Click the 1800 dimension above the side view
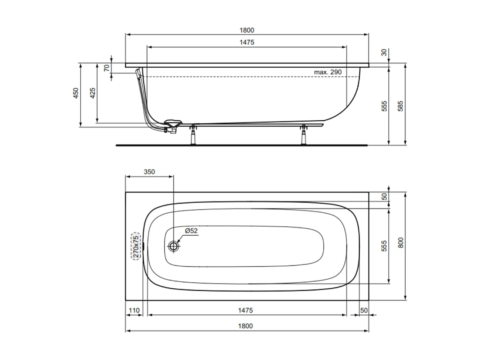click(247, 30)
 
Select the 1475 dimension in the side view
click(247, 42)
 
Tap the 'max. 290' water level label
click(328, 72)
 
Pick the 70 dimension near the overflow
click(106, 68)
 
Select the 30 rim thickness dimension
click(384, 53)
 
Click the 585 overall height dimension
click(401, 107)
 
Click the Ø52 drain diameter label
click(191, 231)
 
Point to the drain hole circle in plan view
click(174, 246)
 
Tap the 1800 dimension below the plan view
click(247, 326)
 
